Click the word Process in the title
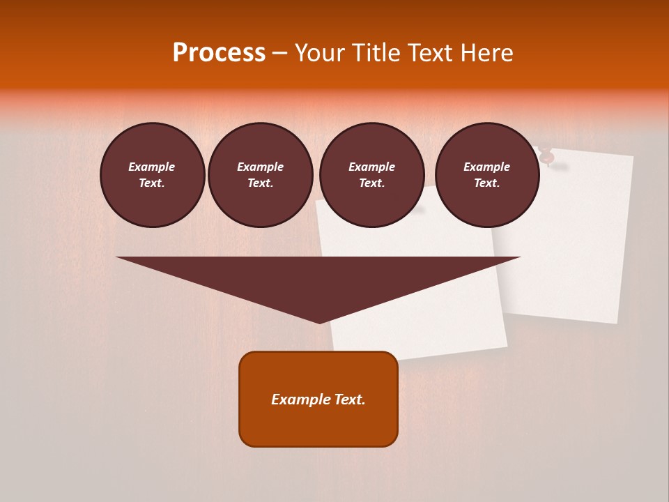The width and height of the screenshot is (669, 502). pyautogui.click(x=219, y=53)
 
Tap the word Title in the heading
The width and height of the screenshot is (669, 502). pyautogui.click(x=376, y=53)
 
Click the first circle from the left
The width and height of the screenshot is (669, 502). pyautogui.click(x=153, y=175)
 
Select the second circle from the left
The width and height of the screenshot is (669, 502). pyautogui.click(x=261, y=175)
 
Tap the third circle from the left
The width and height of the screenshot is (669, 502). pyautogui.click(x=372, y=175)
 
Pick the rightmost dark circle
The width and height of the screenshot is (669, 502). pyautogui.click(x=487, y=175)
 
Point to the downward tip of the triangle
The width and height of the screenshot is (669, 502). pyautogui.click(x=319, y=321)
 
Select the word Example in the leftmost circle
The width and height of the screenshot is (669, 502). pyautogui.click(x=152, y=167)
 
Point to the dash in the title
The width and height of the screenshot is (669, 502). pyautogui.click(x=279, y=53)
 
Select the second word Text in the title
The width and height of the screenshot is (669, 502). pyautogui.click(x=429, y=53)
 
